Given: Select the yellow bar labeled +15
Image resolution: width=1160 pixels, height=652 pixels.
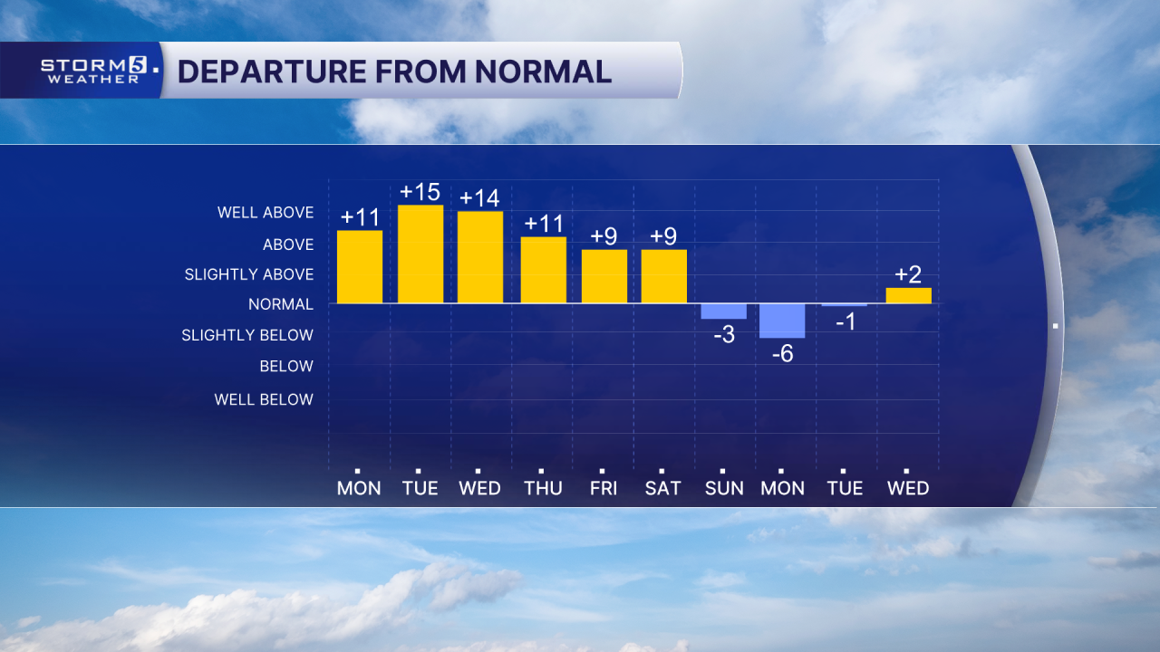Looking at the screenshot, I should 420,254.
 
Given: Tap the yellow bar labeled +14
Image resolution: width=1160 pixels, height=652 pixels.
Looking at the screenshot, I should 480,257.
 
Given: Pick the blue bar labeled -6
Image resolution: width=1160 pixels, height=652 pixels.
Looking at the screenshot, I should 782,321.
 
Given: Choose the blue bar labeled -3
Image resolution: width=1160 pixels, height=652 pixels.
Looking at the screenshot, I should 723,312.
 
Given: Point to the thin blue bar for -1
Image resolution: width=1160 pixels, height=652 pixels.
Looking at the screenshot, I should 844,305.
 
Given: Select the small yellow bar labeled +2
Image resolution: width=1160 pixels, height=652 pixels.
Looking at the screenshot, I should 908,295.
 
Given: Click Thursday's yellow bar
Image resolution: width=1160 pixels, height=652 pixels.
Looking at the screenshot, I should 544,270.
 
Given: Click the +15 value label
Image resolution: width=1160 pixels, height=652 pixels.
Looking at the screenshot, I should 420,192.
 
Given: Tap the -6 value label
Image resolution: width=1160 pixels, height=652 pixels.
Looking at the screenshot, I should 782,354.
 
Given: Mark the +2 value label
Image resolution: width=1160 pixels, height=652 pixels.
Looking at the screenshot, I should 908,274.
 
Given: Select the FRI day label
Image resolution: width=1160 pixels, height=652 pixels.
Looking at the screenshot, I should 603,488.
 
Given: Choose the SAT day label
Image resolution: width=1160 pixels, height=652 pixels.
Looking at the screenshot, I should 662,488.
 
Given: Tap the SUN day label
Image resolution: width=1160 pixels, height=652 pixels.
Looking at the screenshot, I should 723,488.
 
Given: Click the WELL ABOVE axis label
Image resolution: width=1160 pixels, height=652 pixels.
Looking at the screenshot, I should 266,213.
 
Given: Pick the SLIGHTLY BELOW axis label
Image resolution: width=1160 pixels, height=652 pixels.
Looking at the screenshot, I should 247,335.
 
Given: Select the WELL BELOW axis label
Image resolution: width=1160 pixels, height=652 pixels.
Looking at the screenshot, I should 264,399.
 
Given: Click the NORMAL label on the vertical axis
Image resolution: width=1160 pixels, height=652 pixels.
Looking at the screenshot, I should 281,304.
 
